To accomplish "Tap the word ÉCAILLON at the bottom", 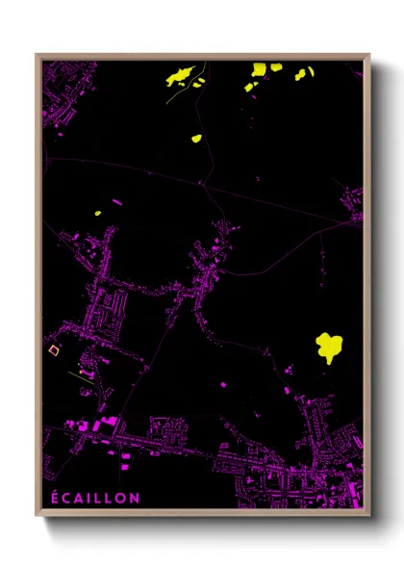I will (x=94, y=498).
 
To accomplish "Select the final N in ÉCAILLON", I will (x=136, y=498).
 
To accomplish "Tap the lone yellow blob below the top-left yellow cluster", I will (x=196, y=139).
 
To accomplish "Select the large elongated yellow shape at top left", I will (x=181, y=75).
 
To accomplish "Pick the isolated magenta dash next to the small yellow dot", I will (x=116, y=202).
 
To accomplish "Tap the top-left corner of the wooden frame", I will (x=37, y=55).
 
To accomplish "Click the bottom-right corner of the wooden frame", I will (x=368, y=517).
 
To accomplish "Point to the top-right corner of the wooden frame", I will (x=368, y=55).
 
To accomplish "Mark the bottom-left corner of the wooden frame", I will (x=37, y=517).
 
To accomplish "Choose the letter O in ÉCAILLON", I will (x=122, y=498).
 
